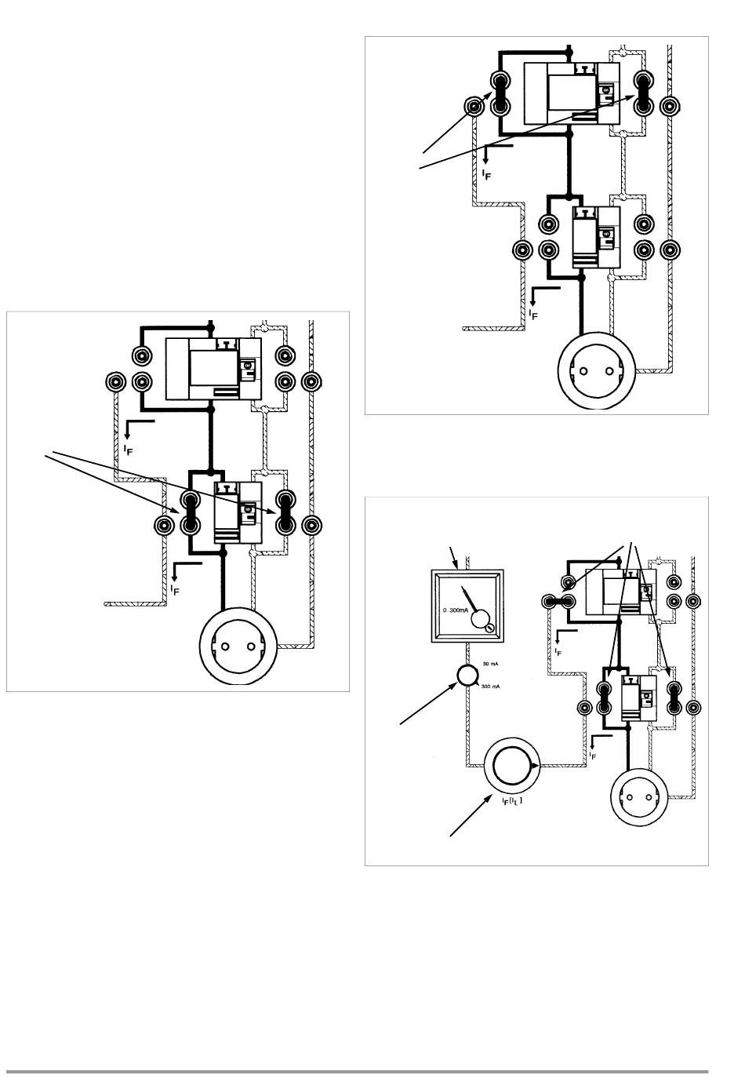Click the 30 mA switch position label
pyautogui.click(x=490, y=664)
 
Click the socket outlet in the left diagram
pyautogui.click(x=238, y=647)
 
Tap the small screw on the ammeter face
pyautogui.click(x=488, y=628)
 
